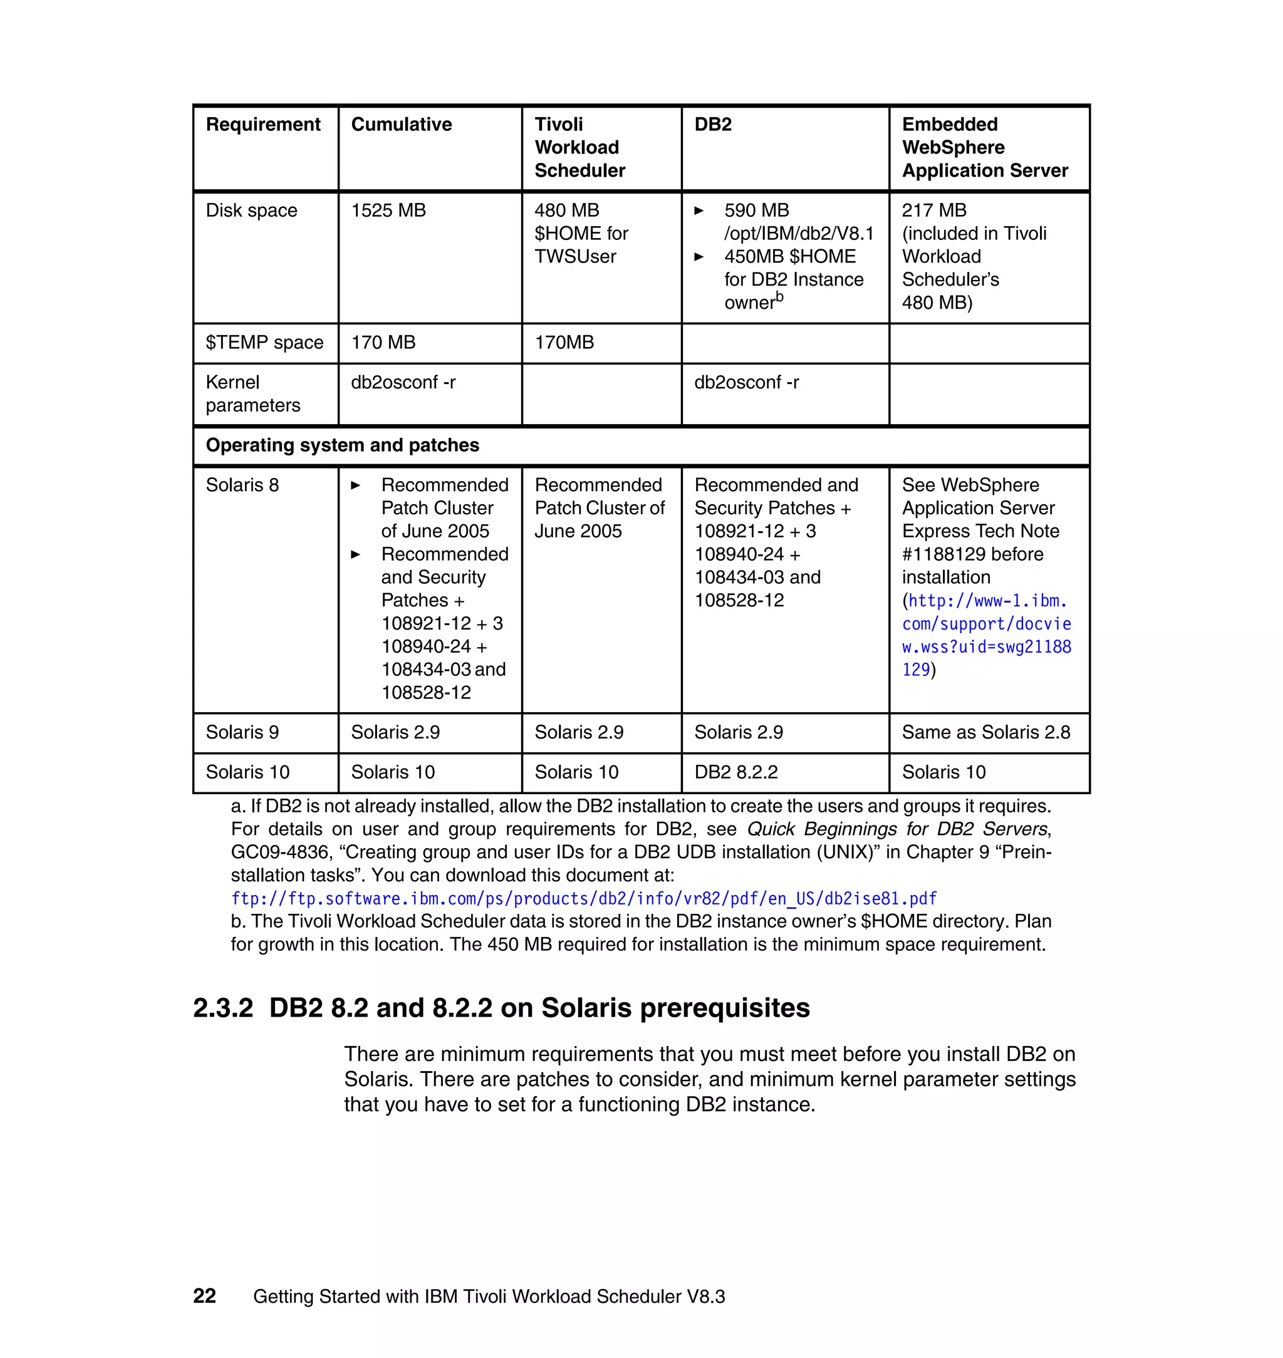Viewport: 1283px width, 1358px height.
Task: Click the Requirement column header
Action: coord(262,125)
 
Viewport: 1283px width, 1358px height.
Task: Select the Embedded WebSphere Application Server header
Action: coord(984,147)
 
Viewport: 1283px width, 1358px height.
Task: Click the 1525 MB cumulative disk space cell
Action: coord(388,210)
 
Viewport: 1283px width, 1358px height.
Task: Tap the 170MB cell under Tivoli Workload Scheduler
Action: coord(564,343)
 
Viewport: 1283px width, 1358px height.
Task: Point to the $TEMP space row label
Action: coord(264,343)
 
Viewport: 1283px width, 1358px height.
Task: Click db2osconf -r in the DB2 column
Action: coord(746,382)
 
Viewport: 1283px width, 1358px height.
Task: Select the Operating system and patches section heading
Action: coord(342,445)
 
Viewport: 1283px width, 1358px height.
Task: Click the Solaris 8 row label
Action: coord(242,485)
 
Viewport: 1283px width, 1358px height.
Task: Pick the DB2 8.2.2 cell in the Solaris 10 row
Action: coord(736,772)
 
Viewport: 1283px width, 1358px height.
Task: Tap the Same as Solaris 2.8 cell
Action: coord(985,732)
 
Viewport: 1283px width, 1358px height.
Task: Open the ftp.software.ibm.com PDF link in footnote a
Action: coord(583,898)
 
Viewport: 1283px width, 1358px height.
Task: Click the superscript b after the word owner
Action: coord(780,297)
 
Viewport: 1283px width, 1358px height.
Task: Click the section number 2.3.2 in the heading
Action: coord(223,1008)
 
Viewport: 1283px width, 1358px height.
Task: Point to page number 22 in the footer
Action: coord(204,1296)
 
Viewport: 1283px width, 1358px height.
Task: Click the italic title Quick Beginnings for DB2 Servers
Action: coord(896,829)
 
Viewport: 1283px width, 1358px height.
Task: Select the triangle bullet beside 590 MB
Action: coord(699,210)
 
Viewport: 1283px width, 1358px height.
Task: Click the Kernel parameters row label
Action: coord(252,394)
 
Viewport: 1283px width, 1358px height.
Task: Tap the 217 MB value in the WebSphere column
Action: coord(933,210)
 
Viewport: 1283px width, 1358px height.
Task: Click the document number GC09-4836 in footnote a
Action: coord(279,853)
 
